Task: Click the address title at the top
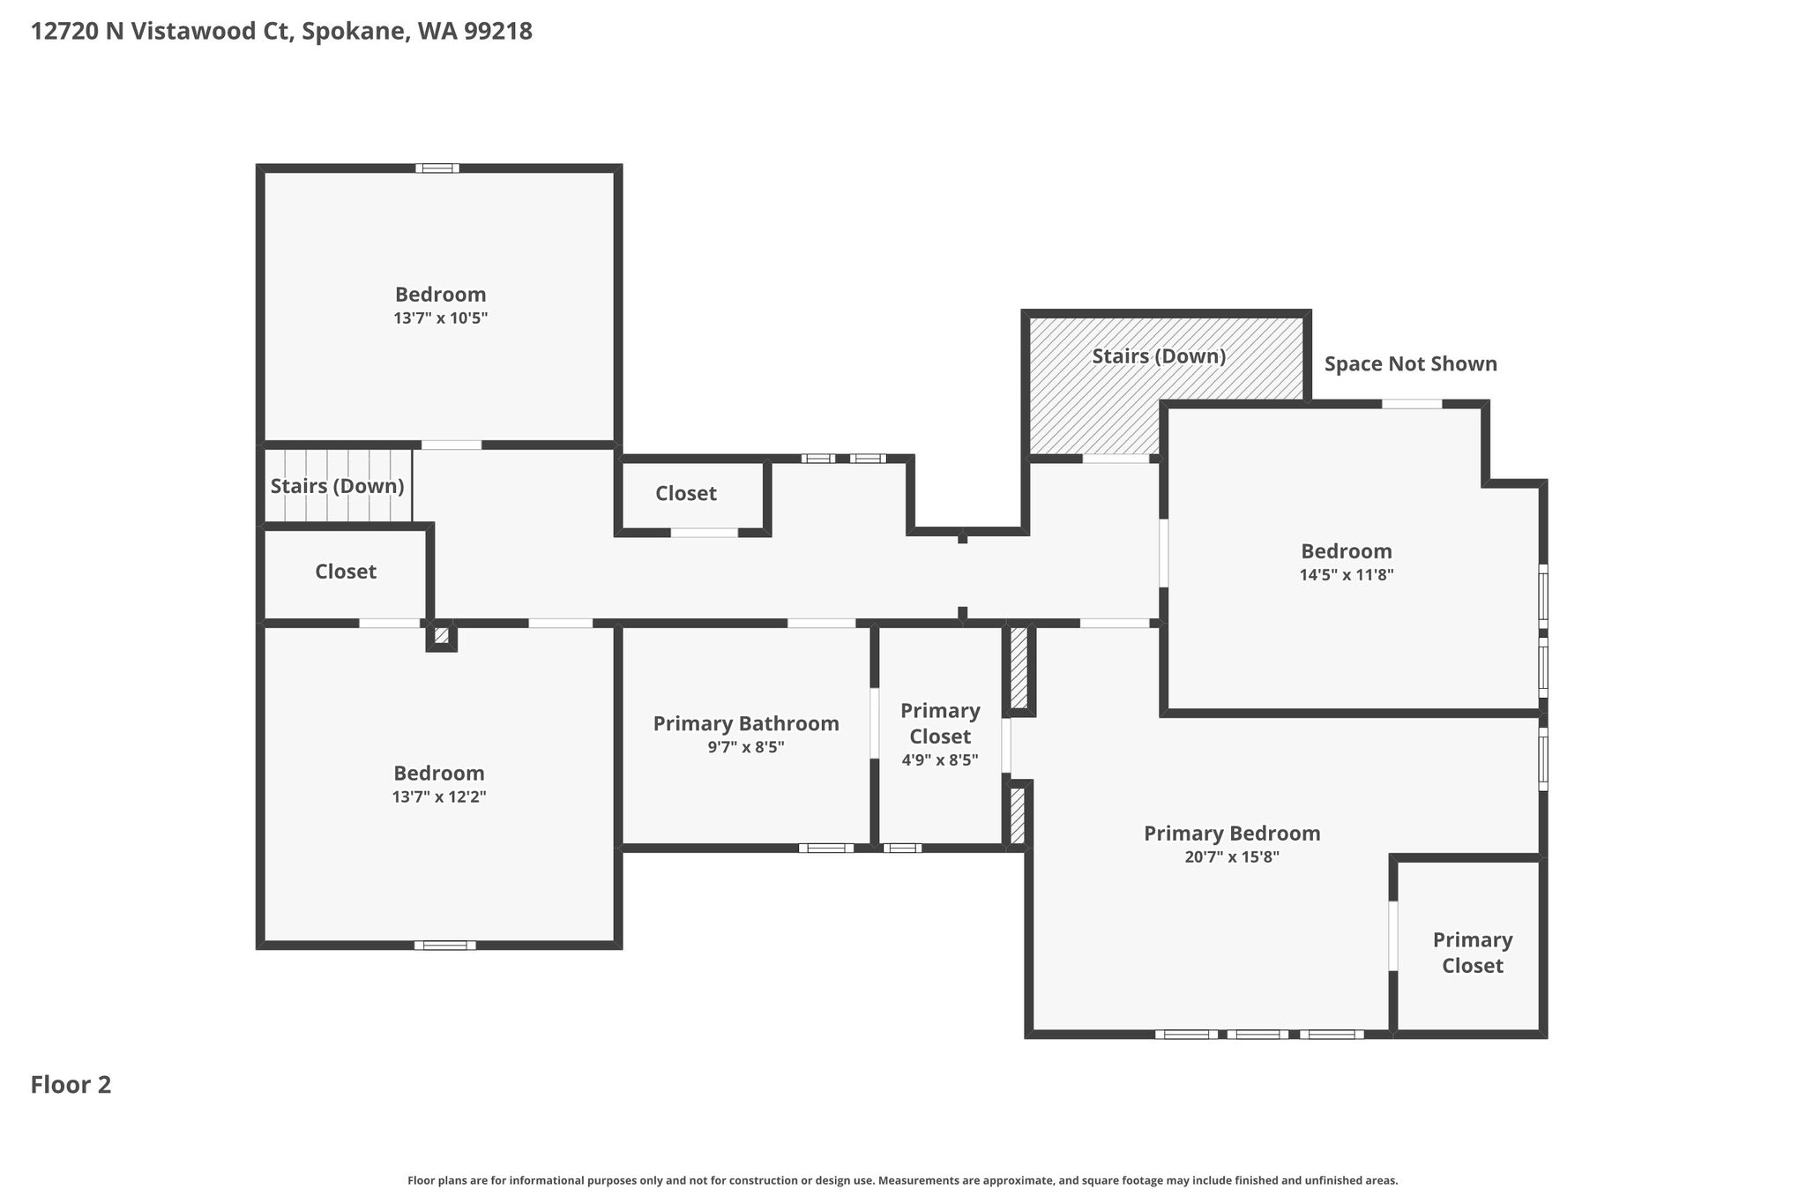tap(281, 32)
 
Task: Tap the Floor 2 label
tap(71, 1084)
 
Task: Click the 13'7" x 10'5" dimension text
tap(440, 318)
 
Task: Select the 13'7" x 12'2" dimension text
tap(439, 796)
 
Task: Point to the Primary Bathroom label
tap(746, 723)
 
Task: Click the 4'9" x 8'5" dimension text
tap(940, 759)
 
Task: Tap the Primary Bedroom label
tap(1232, 834)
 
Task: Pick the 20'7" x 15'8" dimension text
tap(1232, 856)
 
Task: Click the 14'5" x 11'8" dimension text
tap(1347, 574)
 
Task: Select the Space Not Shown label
tap(1411, 363)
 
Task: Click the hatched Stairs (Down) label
tap(1159, 355)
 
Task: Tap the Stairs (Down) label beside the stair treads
tap(337, 486)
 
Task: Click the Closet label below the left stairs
tap(346, 572)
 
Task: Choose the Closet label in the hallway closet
tap(686, 493)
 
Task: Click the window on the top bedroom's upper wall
tap(437, 168)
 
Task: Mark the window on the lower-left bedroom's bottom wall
tap(445, 946)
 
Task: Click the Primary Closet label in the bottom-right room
tap(1473, 953)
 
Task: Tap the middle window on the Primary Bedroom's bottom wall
tap(1257, 1034)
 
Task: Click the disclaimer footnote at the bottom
tap(903, 1180)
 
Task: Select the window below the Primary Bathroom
tap(826, 848)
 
